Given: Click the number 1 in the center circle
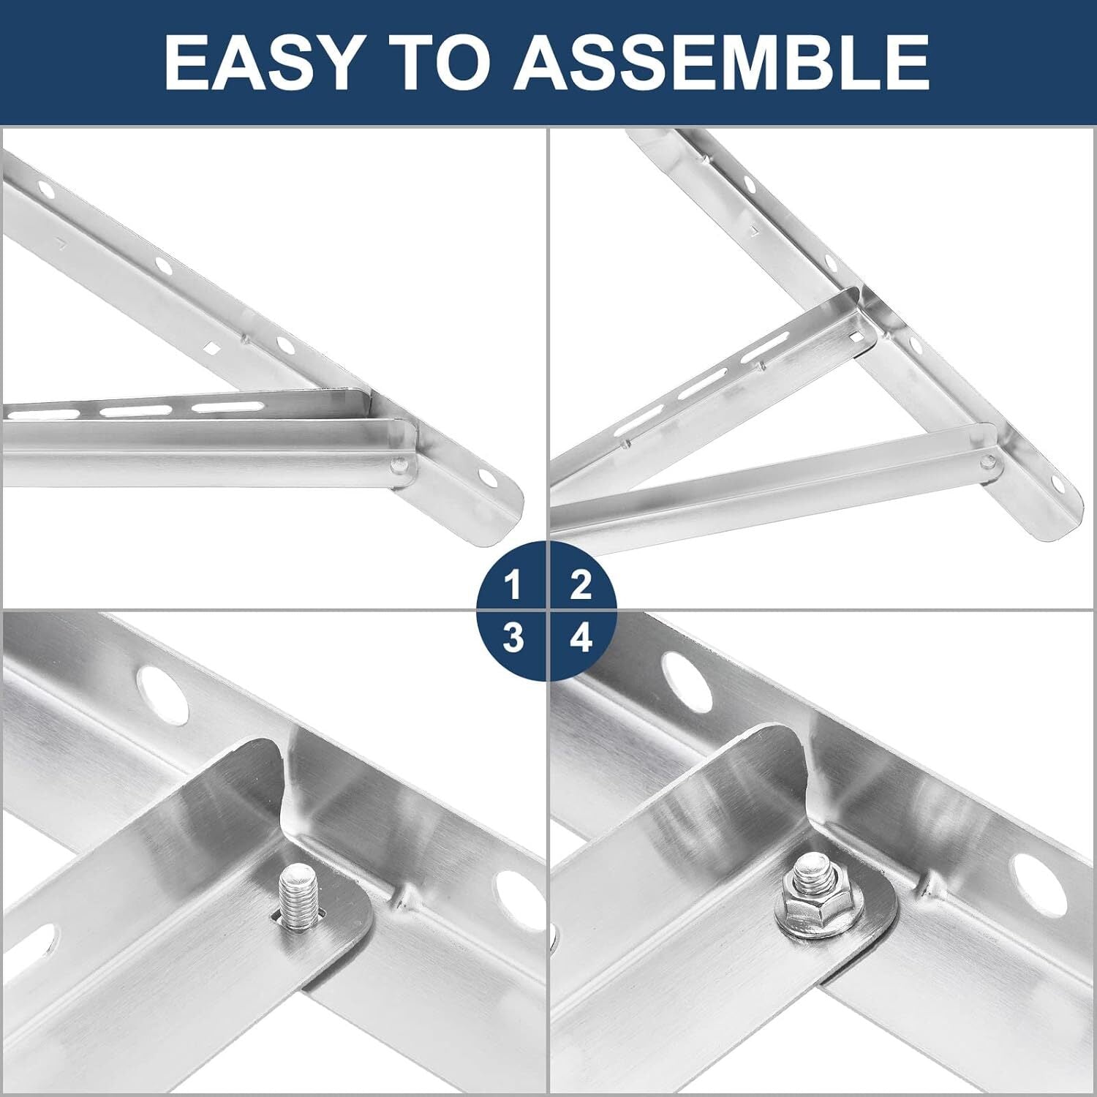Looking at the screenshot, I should coord(513,586).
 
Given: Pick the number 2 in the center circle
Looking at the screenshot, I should coord(581,586).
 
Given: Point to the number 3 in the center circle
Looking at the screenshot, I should coord(513,638).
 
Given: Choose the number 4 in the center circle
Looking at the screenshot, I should coord(581,638).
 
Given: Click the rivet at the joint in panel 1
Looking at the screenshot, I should coord(399,464).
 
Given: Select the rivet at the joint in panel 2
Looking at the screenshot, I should coord(987,461).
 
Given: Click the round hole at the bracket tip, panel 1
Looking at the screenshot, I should coord(486,476).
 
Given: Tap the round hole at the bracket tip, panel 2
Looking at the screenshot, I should coord(1056,483).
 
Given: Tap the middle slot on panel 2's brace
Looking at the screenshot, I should coord(704,386).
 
